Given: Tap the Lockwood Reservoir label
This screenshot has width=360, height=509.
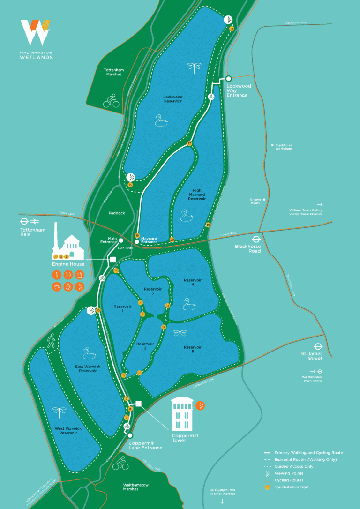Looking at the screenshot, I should click(x=172, y=99).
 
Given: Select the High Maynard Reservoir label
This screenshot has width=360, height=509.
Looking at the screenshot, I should click(x=197, y=195).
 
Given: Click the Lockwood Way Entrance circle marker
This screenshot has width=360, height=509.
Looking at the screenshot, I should click(x=229, y=79).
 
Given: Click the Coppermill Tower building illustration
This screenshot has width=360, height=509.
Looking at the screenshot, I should click(x=182, y=414).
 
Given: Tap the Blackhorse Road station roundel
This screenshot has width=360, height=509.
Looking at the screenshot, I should click(x=255, y=237).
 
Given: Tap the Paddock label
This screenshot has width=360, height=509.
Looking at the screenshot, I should click(x=117, y=213).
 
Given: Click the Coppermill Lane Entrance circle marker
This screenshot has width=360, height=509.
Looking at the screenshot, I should click(x=130, y=435).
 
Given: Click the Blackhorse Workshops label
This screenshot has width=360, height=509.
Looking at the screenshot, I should click(x=284, y=147).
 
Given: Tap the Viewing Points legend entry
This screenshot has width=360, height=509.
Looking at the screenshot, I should click(x=288, y=473).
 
